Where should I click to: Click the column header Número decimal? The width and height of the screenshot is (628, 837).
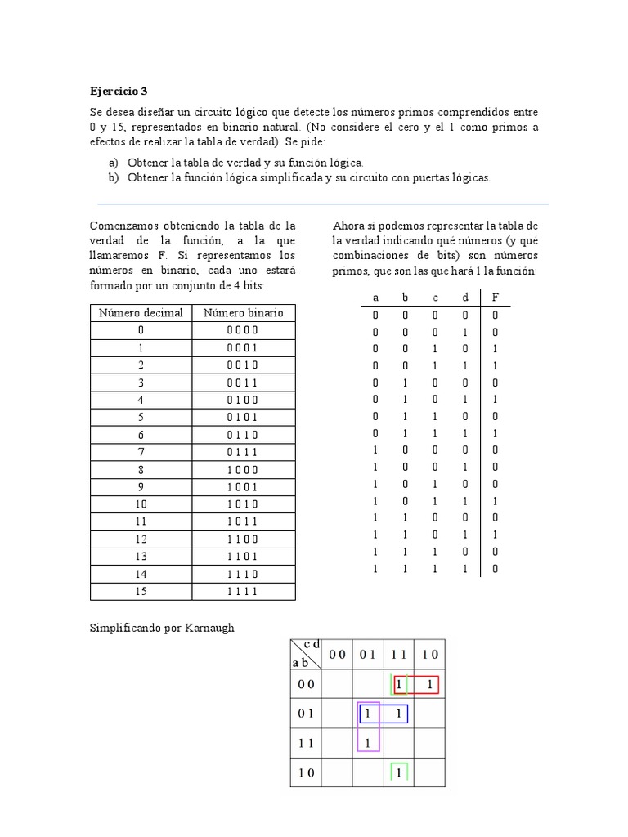141,312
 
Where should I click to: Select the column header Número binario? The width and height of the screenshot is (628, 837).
243,312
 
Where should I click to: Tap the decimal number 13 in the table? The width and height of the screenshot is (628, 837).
141,557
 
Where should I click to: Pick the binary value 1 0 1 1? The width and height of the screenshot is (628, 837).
243,521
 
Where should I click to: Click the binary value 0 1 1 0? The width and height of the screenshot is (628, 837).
243,435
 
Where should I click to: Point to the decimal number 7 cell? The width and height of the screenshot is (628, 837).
141,452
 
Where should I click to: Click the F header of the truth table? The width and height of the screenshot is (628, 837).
494,297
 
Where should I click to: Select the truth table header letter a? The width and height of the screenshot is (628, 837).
375,297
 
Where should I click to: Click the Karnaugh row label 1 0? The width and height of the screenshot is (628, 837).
306,772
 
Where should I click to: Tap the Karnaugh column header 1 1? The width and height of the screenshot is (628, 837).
398,654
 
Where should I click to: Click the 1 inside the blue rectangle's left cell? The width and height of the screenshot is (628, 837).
368,714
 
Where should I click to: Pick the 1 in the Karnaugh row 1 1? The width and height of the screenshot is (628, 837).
368,743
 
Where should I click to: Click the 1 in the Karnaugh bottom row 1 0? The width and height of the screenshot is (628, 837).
398,772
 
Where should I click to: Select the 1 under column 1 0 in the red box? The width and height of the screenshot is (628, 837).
428,684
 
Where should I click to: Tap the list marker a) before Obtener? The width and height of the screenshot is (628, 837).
113,163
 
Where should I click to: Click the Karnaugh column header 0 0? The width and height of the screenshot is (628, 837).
338,654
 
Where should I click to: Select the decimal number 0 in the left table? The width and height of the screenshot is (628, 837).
141,330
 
